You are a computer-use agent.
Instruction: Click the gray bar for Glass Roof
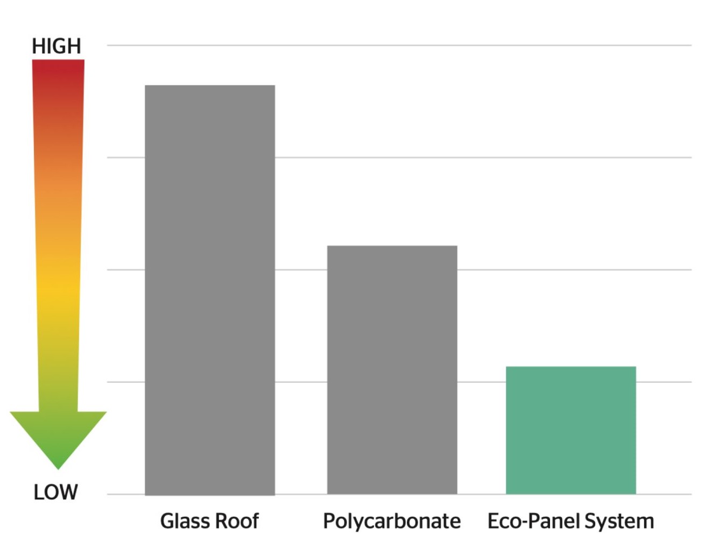(x=210, y=290)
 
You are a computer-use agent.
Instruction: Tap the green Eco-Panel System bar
(x=570, y=430)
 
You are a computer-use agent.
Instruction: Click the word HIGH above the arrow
(x=57, y=46)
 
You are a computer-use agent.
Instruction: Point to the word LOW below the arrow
(x=55, y=492)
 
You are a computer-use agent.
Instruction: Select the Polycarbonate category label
(x=391, y=521)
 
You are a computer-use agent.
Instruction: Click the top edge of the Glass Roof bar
(x=210, y=85)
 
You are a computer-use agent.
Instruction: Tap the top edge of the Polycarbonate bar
(x=392, y=246)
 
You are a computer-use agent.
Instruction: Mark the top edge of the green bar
(x=570, y=367)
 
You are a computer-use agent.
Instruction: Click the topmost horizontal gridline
(x=398, y=46)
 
